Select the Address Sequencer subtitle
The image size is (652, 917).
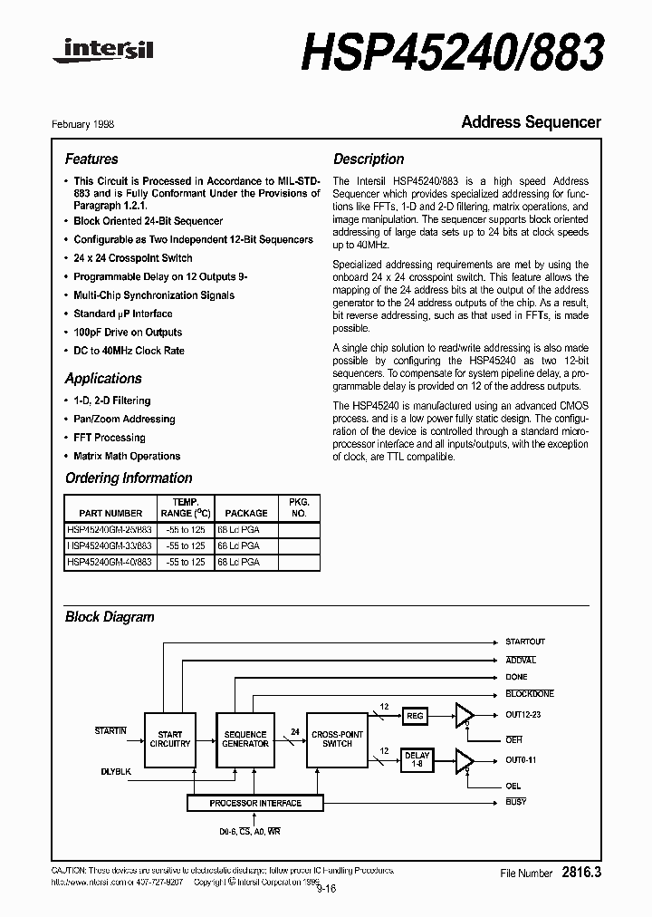point(531,121)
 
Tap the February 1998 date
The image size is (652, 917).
point(89,124)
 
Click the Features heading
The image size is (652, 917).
point(91,159)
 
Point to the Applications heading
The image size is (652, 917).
point(103,378)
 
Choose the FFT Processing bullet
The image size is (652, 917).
point(109,438)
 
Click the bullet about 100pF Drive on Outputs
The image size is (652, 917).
point(128,333)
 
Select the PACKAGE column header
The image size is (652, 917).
point(246,513)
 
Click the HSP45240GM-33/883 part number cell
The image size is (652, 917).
point(110,546)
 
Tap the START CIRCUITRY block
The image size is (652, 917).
point(170,739)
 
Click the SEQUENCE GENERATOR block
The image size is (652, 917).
point(245,739)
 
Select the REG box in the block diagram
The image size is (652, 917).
point(415,715)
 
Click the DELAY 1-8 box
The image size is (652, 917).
point(417,759)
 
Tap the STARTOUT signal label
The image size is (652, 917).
point(524,642)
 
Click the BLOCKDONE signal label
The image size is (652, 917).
point(529,694)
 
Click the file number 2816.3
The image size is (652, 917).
point(580,873)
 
